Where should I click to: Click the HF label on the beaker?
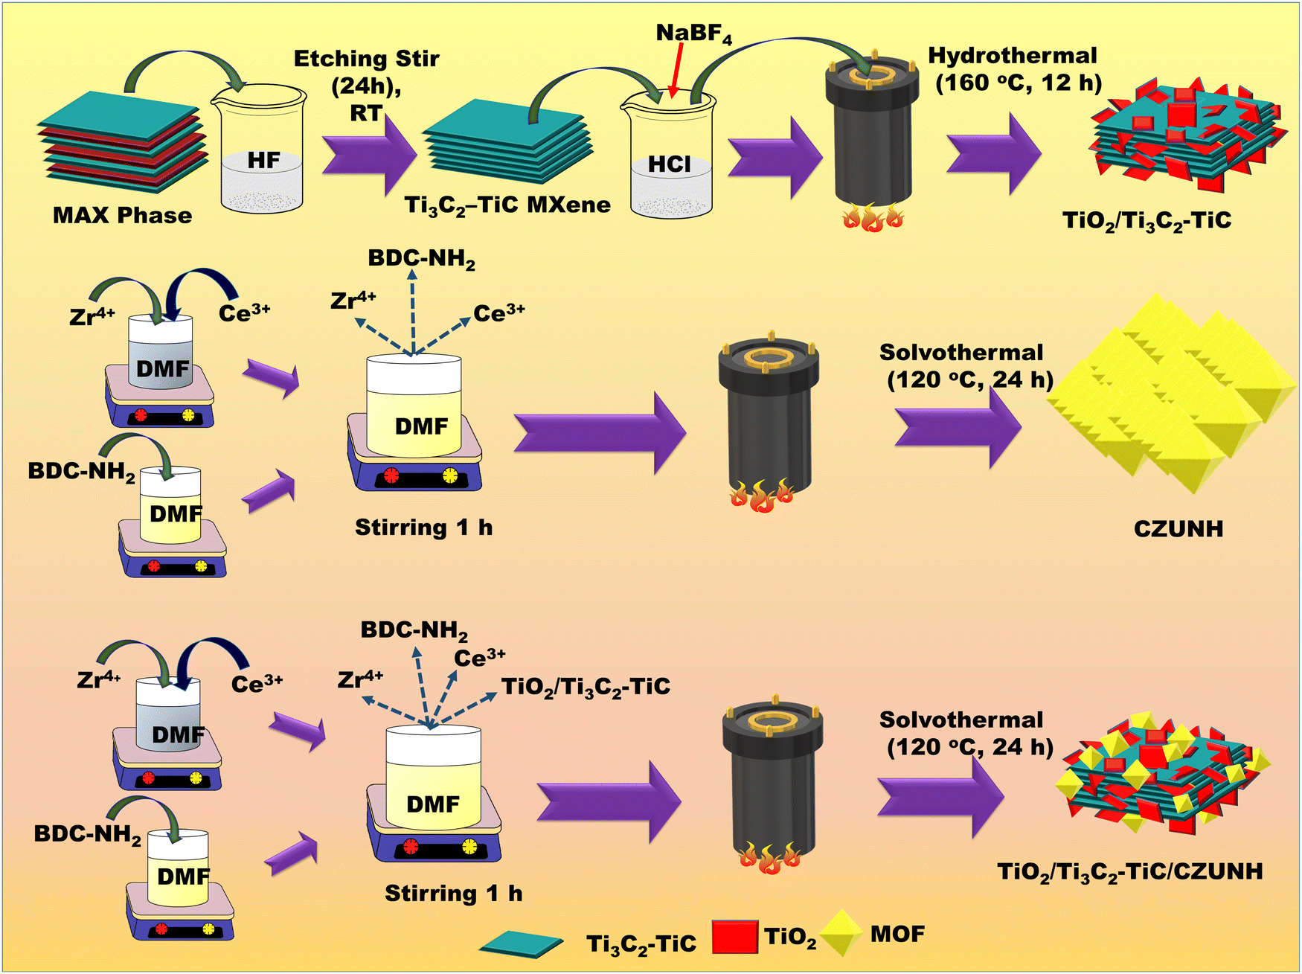263,161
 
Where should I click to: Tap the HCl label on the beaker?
669,164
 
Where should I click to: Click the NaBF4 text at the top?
693,34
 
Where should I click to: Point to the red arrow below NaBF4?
676,70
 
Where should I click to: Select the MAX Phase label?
122,216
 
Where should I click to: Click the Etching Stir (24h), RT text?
366,85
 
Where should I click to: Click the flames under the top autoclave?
873,219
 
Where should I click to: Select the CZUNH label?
1178,529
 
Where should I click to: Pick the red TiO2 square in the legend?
734,936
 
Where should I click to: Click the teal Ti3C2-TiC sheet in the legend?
521,944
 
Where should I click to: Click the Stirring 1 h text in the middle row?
423,528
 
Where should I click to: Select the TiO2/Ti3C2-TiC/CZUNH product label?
1129,871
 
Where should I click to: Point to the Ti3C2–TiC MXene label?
507,205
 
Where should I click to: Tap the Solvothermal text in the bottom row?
961,720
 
